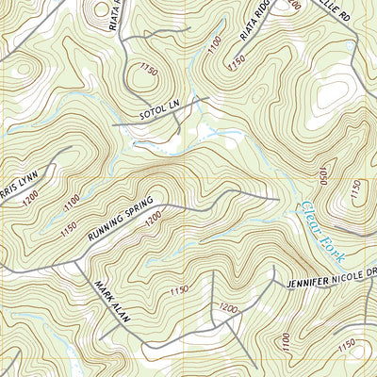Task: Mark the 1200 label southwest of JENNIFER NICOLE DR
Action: (x=227, y=307)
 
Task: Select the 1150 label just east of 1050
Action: (x=353, y=191)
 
